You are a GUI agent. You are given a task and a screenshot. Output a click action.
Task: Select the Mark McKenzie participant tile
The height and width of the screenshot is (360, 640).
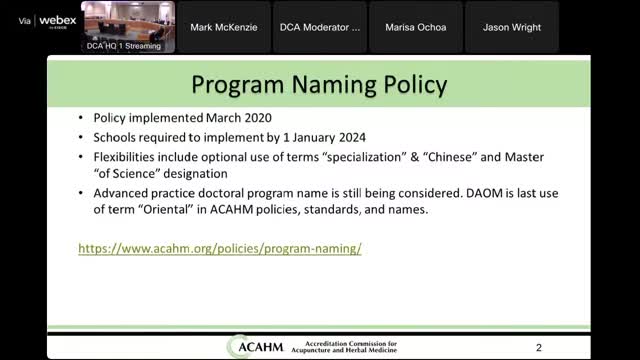225,27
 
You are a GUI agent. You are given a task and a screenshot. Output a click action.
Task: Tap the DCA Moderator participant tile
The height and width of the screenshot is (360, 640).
321,27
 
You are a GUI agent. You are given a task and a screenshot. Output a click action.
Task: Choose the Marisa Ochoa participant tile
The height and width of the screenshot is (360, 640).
416,27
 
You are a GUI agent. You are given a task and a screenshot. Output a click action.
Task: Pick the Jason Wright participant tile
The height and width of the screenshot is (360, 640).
512,27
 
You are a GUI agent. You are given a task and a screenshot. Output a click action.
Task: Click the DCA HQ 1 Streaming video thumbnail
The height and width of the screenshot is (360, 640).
129,27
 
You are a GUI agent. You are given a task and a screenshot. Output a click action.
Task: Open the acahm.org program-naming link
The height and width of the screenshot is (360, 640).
219,247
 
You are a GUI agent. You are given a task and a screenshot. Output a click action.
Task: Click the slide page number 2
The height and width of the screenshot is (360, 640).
539,347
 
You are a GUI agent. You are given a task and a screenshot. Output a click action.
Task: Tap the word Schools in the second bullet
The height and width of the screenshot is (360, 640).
116,138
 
